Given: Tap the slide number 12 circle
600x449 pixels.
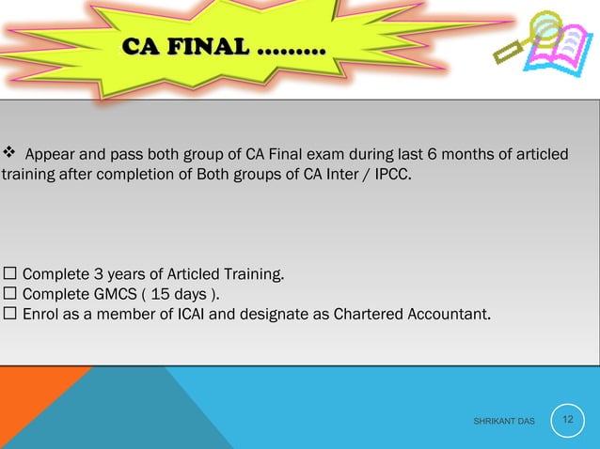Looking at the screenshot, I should pyautogui.click(x=567, y=418).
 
